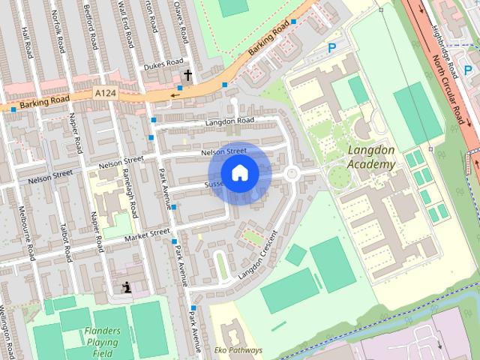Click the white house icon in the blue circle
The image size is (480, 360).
point(239,173)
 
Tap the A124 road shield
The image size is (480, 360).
point(106,93)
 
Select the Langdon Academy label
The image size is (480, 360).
point(371,157)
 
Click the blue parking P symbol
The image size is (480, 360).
point(331,48)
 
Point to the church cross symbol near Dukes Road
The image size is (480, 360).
point(187,74)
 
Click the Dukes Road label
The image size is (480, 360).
point(164,62)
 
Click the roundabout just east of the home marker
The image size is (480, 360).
point(292,174)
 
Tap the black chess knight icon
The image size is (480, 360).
point(127,286)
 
